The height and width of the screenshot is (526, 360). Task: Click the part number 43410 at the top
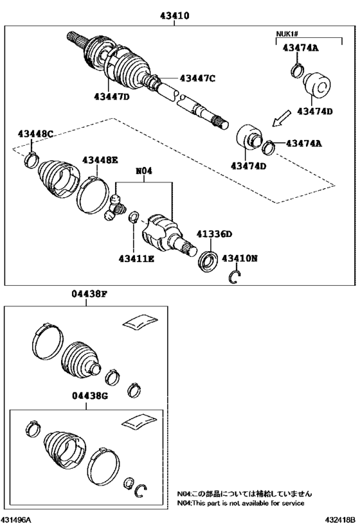(175, 15)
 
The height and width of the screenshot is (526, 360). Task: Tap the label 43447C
(197, 78)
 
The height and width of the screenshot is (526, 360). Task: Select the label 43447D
(112, 96)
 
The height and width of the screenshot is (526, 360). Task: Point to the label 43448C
(35, 134)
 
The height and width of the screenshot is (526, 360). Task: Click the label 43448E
(100, 160)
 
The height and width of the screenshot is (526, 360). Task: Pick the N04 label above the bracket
(144, 171)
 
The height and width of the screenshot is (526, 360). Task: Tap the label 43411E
(136, 259)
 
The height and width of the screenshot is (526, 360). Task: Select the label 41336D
(214, 234)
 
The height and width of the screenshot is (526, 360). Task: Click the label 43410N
(239, 258)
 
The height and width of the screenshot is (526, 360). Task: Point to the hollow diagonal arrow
(281, 118)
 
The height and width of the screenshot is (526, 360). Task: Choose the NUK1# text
(287, 34)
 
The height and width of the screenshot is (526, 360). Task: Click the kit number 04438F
(89, 294)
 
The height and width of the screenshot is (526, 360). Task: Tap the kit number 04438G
(90, 396)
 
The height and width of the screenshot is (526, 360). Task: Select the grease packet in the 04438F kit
(140, 320)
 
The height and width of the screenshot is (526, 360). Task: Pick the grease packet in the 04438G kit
(139, 423)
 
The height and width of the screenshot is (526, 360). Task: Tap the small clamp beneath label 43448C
(32, 160)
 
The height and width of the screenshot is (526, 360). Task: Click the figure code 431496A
(17, 520)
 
